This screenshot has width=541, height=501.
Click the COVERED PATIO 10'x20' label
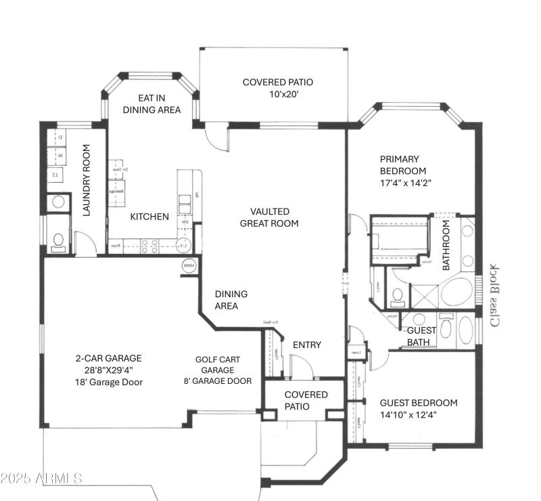coord(277,89)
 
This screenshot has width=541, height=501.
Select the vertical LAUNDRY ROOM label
coord(87,180)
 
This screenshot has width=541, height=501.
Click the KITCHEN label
coord(149,217)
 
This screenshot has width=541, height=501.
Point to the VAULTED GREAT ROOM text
coord(268,217)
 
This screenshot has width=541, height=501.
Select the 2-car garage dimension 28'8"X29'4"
coord(108,370)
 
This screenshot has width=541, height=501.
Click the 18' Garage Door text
coord(109,382)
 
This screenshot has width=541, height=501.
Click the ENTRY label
coord(306,345)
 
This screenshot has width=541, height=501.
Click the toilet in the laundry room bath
coord(59,240)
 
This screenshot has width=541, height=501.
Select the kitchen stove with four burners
coord(149,245)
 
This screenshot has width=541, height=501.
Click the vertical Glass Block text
coord(496,294)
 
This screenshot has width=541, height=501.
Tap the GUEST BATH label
coord(421,336)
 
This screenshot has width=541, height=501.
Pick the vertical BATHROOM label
coord(446,248)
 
